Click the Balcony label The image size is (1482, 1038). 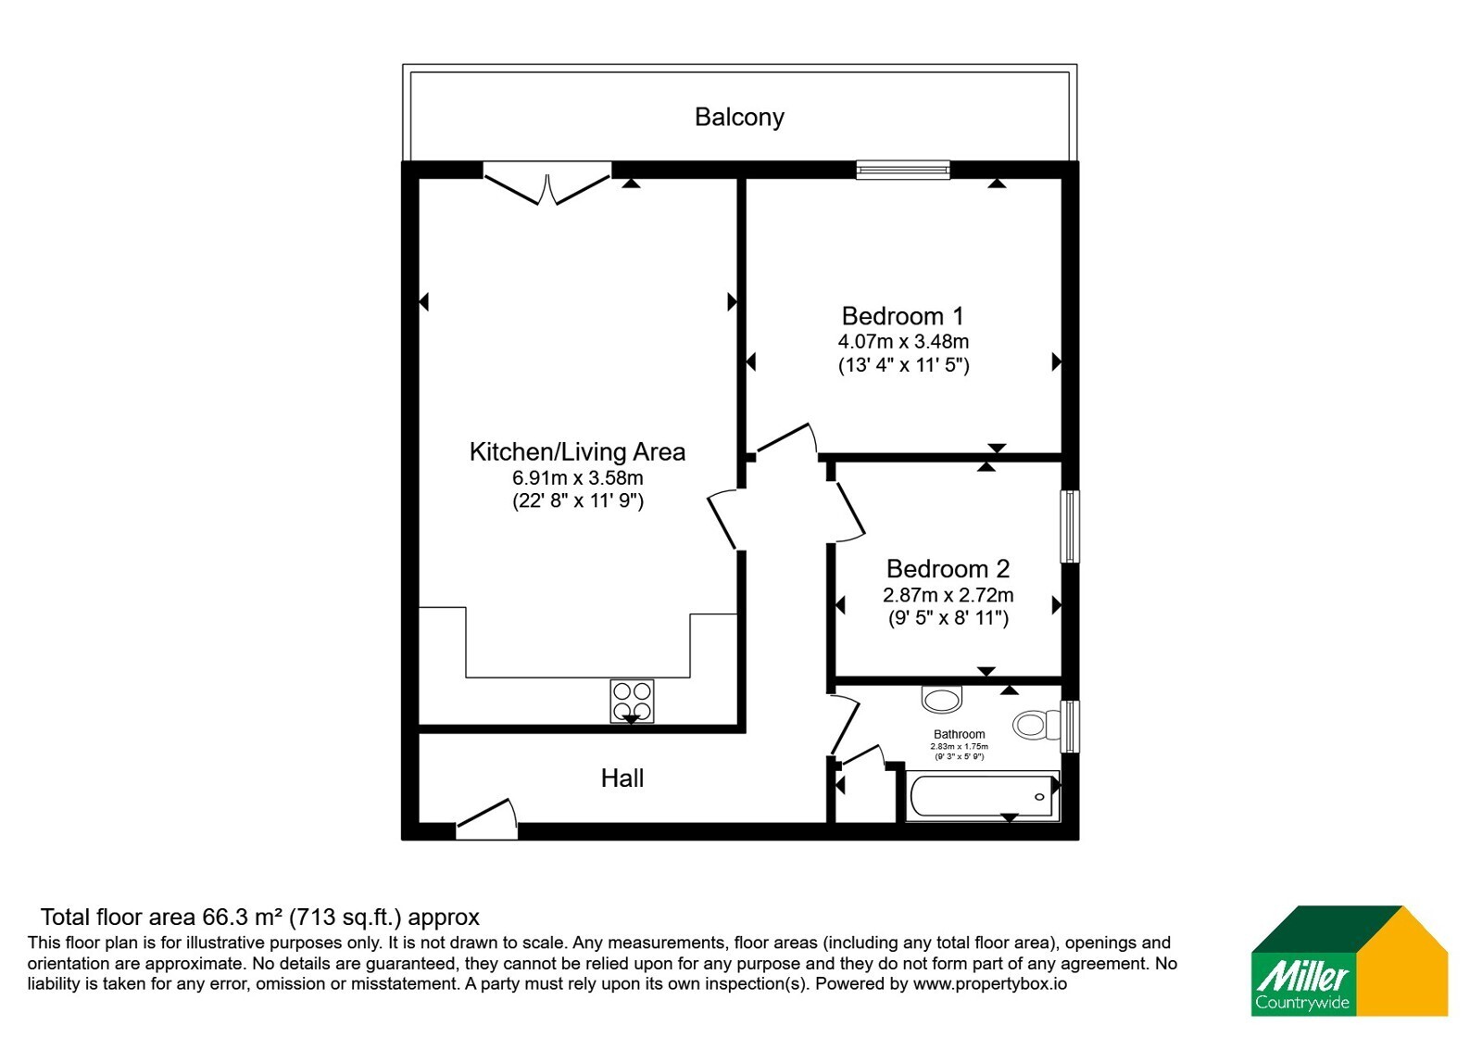pos(739,117)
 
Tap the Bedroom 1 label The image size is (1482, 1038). pos(902,316)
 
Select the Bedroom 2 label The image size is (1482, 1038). pos(948,569)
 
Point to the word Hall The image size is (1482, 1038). pos(622,778)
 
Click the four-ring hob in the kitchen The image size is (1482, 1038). pos(632,701)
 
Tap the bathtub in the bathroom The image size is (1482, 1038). pos(983,796)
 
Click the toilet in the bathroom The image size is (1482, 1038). pos(1036,725)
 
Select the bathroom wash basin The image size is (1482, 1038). pos(941,700)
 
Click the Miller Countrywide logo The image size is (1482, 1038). pos(1349,960)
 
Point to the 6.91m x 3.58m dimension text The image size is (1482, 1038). pos(578,477)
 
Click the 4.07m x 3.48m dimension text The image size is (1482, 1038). pos(903,342)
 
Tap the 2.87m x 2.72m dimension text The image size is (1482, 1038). pos(948,594)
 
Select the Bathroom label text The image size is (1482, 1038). pos(959,734)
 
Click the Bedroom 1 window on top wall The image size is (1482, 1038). pos(903,171)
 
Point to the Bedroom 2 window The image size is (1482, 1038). pos(1070,526)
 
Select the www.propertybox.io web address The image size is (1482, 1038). pos(990,983)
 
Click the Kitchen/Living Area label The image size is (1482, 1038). pos(577,451)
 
